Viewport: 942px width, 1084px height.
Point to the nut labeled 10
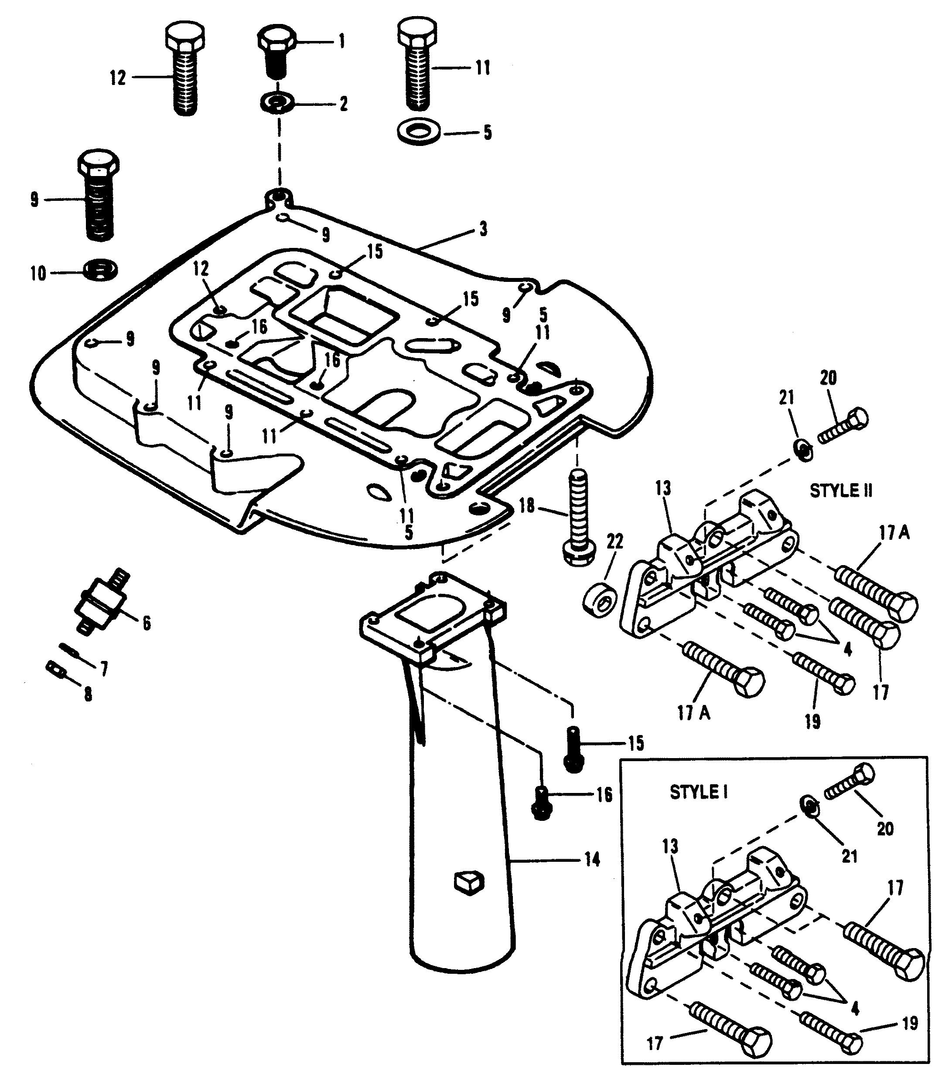100,269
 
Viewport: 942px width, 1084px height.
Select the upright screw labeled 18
577,517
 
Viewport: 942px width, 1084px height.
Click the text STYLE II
841,491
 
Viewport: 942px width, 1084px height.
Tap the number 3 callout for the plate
483,229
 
